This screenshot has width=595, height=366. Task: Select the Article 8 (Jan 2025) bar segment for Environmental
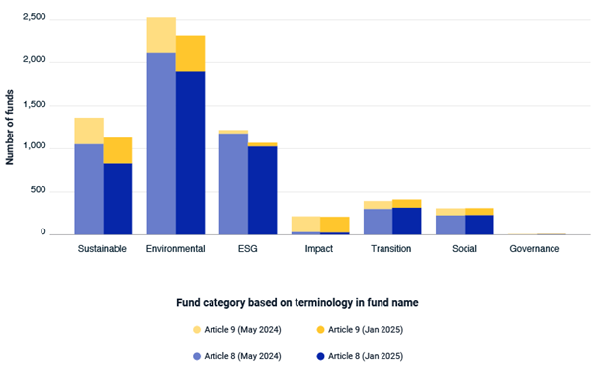(x=190, y=153)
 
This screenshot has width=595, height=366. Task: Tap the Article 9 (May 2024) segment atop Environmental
(x=161, y=35)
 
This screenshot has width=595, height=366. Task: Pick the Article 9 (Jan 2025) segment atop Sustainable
(x=118, y=150)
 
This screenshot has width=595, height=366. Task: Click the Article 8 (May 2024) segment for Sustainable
(x=89, y=189)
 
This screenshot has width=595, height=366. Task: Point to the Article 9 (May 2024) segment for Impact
(x=305, y=224)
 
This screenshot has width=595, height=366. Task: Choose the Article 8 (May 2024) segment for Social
(x=451, y=225)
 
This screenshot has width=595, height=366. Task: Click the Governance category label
(x=535, y=249)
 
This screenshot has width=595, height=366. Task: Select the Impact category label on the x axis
(x=319, y=249)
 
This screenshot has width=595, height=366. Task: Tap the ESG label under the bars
(x=247, y=249)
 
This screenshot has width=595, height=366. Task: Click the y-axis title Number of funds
(x=10, y=127)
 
